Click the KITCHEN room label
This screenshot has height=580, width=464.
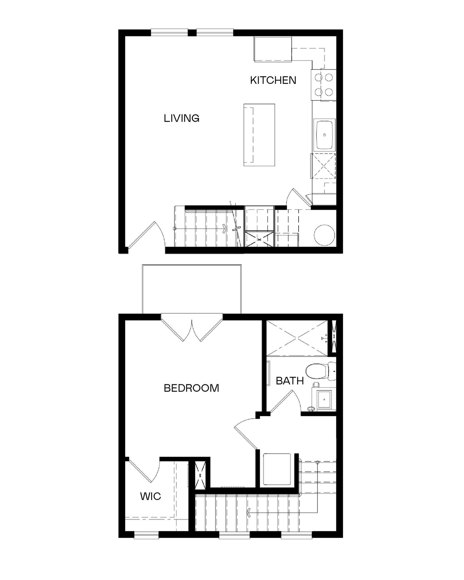273,80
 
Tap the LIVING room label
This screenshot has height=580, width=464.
182,118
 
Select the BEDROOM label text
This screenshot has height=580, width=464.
191,388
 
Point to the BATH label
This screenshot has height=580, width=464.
290,381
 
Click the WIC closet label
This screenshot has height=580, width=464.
151,496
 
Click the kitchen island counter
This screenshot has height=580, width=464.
259,135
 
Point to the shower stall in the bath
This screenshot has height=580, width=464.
297,338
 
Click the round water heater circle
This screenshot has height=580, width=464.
324,235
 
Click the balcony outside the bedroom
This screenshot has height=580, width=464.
192,289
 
